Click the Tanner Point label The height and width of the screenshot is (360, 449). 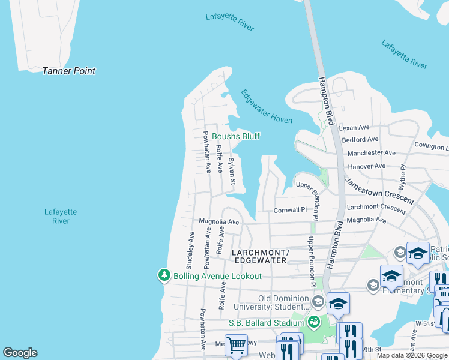[68, 71]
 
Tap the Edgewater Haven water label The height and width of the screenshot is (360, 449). [267, 106]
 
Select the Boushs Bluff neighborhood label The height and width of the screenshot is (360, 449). [236, 136]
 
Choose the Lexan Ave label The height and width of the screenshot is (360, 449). [354, 128]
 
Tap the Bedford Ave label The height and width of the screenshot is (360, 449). [360, 140]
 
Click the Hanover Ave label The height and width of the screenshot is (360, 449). [366, 166]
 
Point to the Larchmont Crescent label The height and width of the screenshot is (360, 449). [376, 207]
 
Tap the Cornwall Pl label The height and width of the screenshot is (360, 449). [290, 211]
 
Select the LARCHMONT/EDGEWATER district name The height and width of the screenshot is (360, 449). [260, 257]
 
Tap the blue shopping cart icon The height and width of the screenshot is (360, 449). [236, 345]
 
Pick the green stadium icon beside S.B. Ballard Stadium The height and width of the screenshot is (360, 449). [313, 323]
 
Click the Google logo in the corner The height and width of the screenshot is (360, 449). [20, 353]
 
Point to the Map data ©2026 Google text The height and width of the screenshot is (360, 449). [412, 356]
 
